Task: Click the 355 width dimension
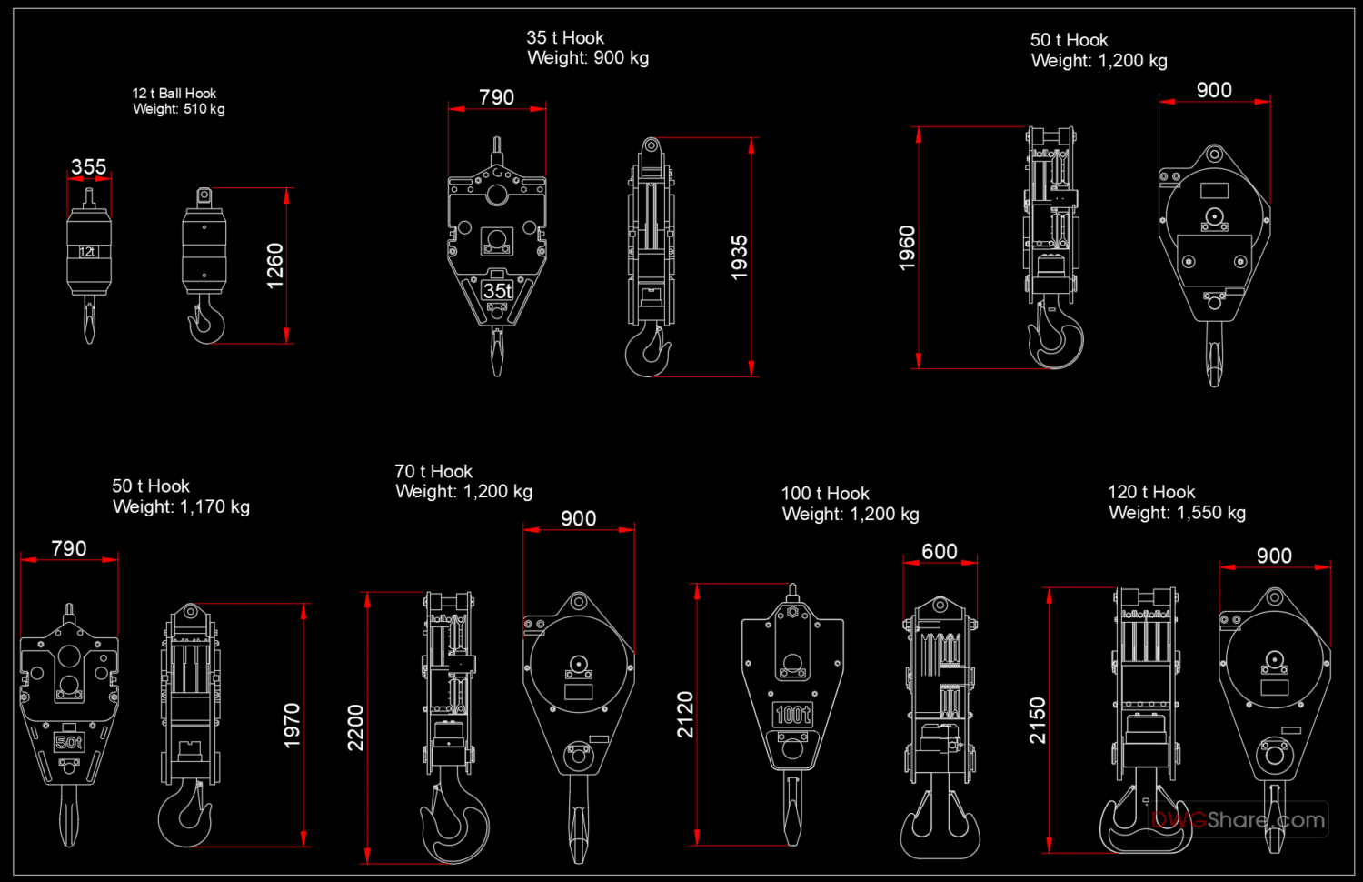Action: [x=89, y=167]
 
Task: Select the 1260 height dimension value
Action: [x=275, y=266]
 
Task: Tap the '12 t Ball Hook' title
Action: [x=174, y=94]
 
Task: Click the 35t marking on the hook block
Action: [x=497, y=291]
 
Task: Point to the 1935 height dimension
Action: [x=740, y=257]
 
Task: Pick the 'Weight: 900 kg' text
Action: [x=588, y=58]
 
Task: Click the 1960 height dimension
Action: [x=907, y=247]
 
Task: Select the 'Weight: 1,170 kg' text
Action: [x=181, y=507]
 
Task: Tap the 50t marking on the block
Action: [x=69, y=742]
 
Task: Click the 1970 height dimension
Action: [x=292, y=726]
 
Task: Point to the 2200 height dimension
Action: [x=355, y=727]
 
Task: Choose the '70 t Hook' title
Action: [x=433, y=472]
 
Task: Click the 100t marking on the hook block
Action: [x=792, y=715]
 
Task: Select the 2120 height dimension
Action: [x=685, y=715]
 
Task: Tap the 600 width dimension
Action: [x=940, y=552]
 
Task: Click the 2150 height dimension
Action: [x=1038, y=720]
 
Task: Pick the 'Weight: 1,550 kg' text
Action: [x=1177, y=513]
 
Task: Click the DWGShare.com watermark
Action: [x=1238, y=820]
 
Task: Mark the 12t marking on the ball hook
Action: [x=87, y=252]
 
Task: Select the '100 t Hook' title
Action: [x=825, y=494]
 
